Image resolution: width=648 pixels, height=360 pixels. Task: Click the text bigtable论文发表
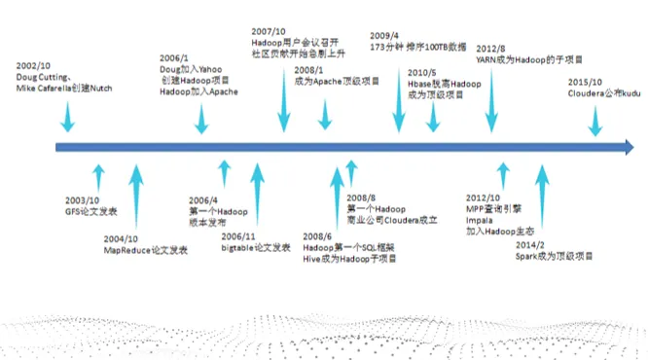point(256,248)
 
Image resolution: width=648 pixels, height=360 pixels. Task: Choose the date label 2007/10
point(268,32)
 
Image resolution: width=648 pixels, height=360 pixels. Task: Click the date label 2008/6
point(318,235)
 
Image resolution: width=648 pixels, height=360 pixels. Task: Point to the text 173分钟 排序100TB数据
point(417,46)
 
